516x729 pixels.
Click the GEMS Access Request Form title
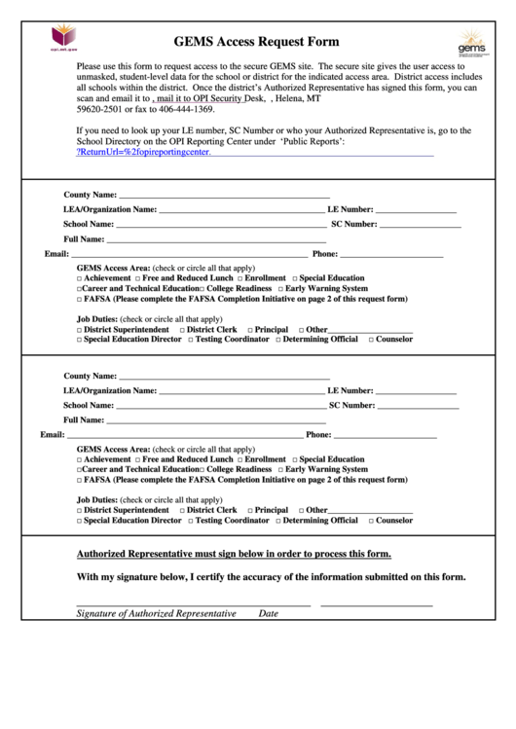(256, 42)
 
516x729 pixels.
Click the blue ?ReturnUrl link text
(143, 153)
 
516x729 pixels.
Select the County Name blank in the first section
(224, 195)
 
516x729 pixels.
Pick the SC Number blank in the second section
(419, 405)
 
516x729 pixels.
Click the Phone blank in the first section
(391, 254)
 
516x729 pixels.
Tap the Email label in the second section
(52, 434)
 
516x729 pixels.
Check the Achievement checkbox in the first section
(80, 278)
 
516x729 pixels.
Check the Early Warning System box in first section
(281, 289)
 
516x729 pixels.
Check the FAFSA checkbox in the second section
(80, 480)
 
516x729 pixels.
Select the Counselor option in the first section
(371, 340)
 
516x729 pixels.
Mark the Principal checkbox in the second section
(251, 510)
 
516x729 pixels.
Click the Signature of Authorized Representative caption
(156, 614)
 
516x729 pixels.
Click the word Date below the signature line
(268, 614)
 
